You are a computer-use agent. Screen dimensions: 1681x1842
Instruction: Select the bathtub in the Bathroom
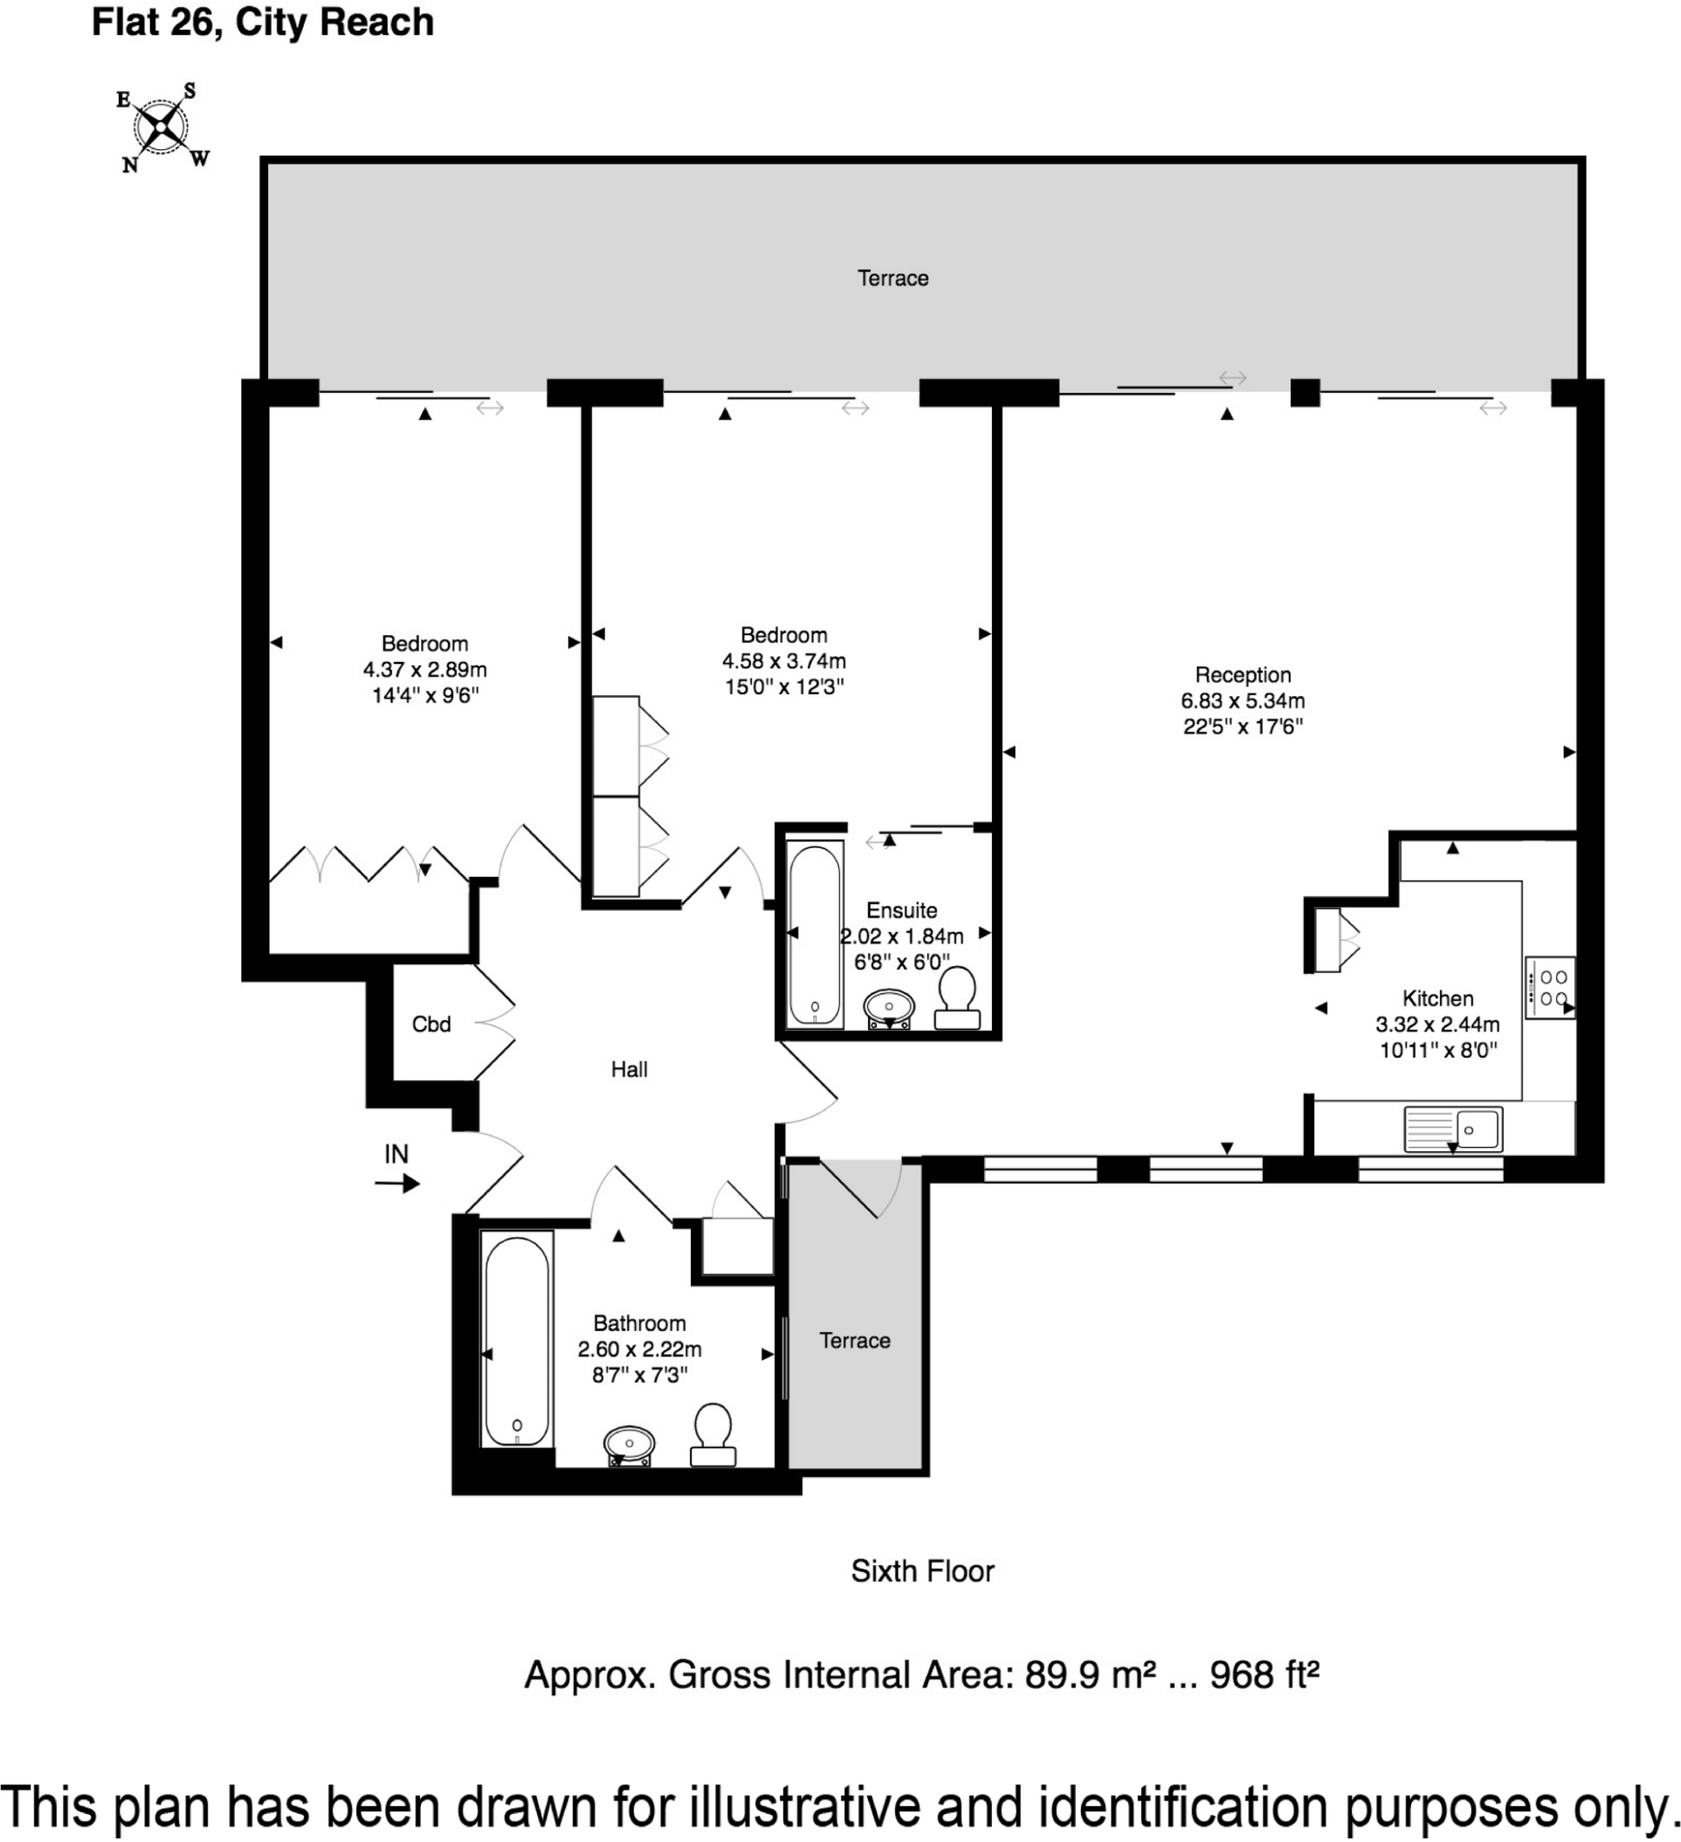[x=517, y=1340]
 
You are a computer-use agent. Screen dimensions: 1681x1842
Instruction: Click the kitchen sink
[x=1453, y=1130]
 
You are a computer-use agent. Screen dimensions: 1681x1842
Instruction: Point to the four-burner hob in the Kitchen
[x=1551, y=987]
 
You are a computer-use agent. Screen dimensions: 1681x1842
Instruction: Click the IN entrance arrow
[x=398, y=1185]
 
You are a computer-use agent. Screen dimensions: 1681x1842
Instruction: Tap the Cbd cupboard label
[x=431, y=1024]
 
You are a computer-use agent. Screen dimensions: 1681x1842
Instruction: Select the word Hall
[x=630, y=1069]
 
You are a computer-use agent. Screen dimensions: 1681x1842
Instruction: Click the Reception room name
[x=1242, y=675]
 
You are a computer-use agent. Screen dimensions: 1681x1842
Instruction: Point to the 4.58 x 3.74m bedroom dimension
[x=784, y=660]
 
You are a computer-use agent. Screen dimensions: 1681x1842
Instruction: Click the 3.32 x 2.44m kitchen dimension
[x=1438, y=1024]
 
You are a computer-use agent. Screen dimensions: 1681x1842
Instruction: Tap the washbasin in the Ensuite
[x=888, y=1009]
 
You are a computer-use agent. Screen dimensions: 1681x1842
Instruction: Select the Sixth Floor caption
[x=923, y=1570]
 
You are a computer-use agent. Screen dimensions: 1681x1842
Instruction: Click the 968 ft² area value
[x=1265, y=1674]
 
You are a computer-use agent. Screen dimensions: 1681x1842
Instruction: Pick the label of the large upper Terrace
[x=892, y=278]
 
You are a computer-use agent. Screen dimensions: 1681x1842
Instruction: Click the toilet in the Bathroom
[x=712, y=1435]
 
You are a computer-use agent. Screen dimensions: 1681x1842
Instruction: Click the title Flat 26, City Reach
[x=264, y=22]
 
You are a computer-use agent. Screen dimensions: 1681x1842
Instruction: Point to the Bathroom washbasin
[x=630, y=1445]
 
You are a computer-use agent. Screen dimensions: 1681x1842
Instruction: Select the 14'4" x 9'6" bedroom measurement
[x=425, y=695]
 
